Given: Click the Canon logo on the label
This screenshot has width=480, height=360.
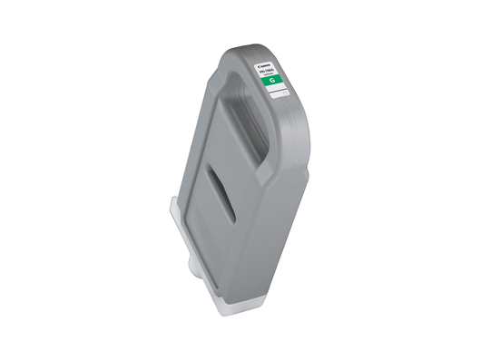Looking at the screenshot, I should (266, 63).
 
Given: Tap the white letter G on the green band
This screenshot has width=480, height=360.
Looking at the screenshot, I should (269, 80).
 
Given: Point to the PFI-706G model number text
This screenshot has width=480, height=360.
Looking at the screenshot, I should (269, 70).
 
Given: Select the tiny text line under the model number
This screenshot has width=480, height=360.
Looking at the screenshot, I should (269, 73).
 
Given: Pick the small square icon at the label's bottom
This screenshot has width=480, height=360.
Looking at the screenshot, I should (284, 93).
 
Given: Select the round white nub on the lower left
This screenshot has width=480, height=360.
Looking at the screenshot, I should (192, 268).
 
